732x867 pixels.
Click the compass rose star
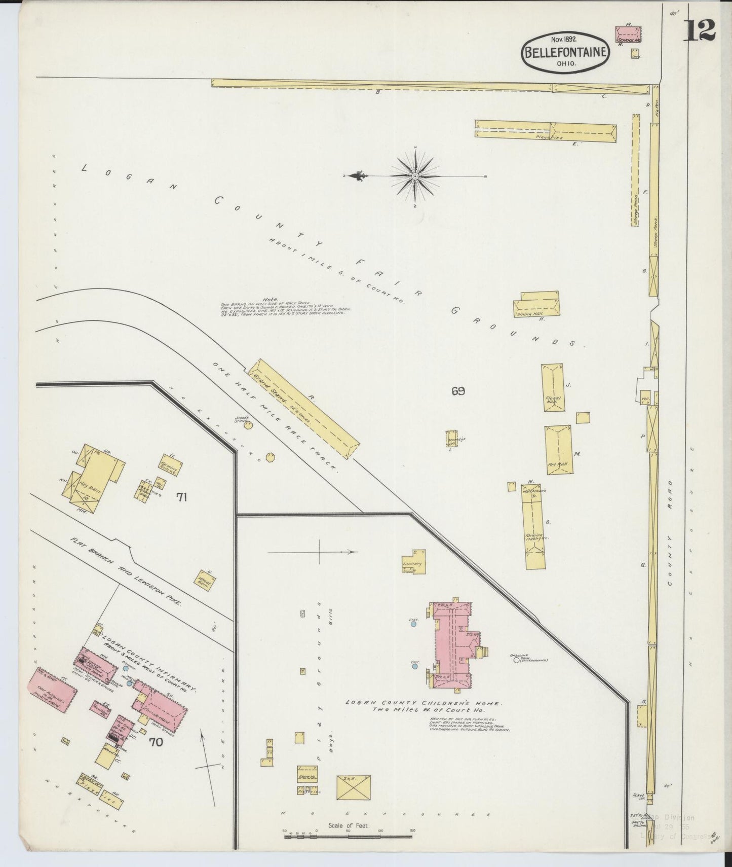415,176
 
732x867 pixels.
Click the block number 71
182,497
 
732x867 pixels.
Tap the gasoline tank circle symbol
517,660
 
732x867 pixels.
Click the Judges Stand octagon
248,425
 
